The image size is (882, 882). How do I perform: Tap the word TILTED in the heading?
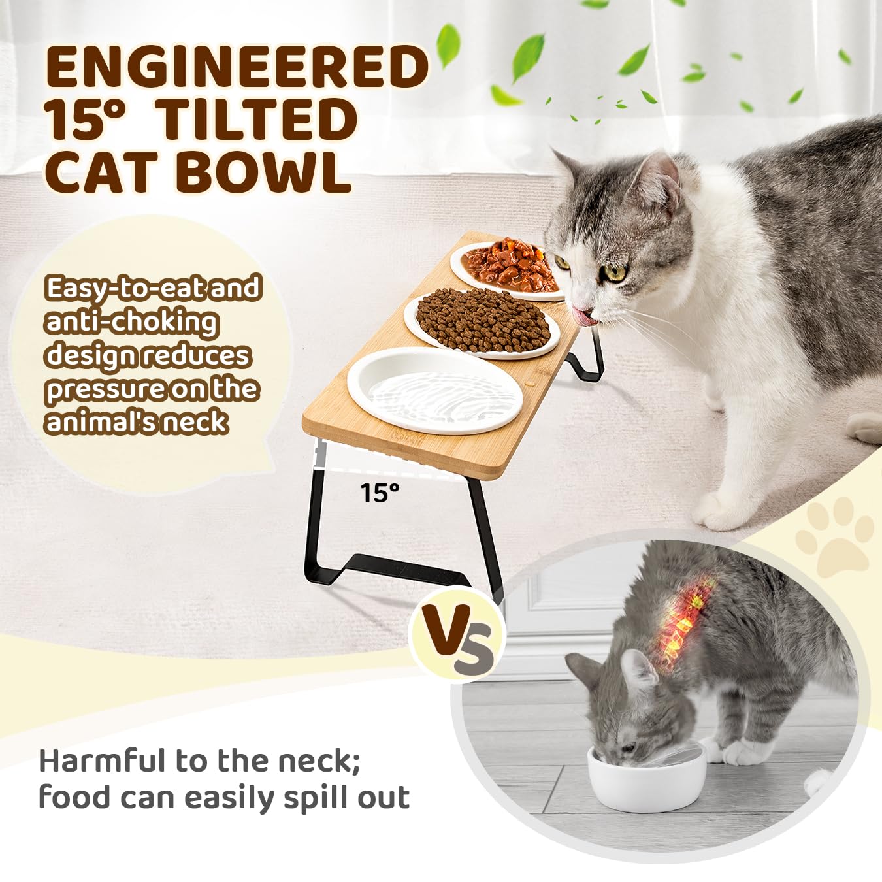258,120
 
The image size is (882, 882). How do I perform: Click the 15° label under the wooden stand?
380,493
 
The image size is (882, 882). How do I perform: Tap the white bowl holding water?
435,391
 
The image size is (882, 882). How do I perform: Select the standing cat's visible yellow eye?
615,272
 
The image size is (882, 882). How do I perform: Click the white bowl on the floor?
647,777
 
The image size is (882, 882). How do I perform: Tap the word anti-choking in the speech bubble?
131,322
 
